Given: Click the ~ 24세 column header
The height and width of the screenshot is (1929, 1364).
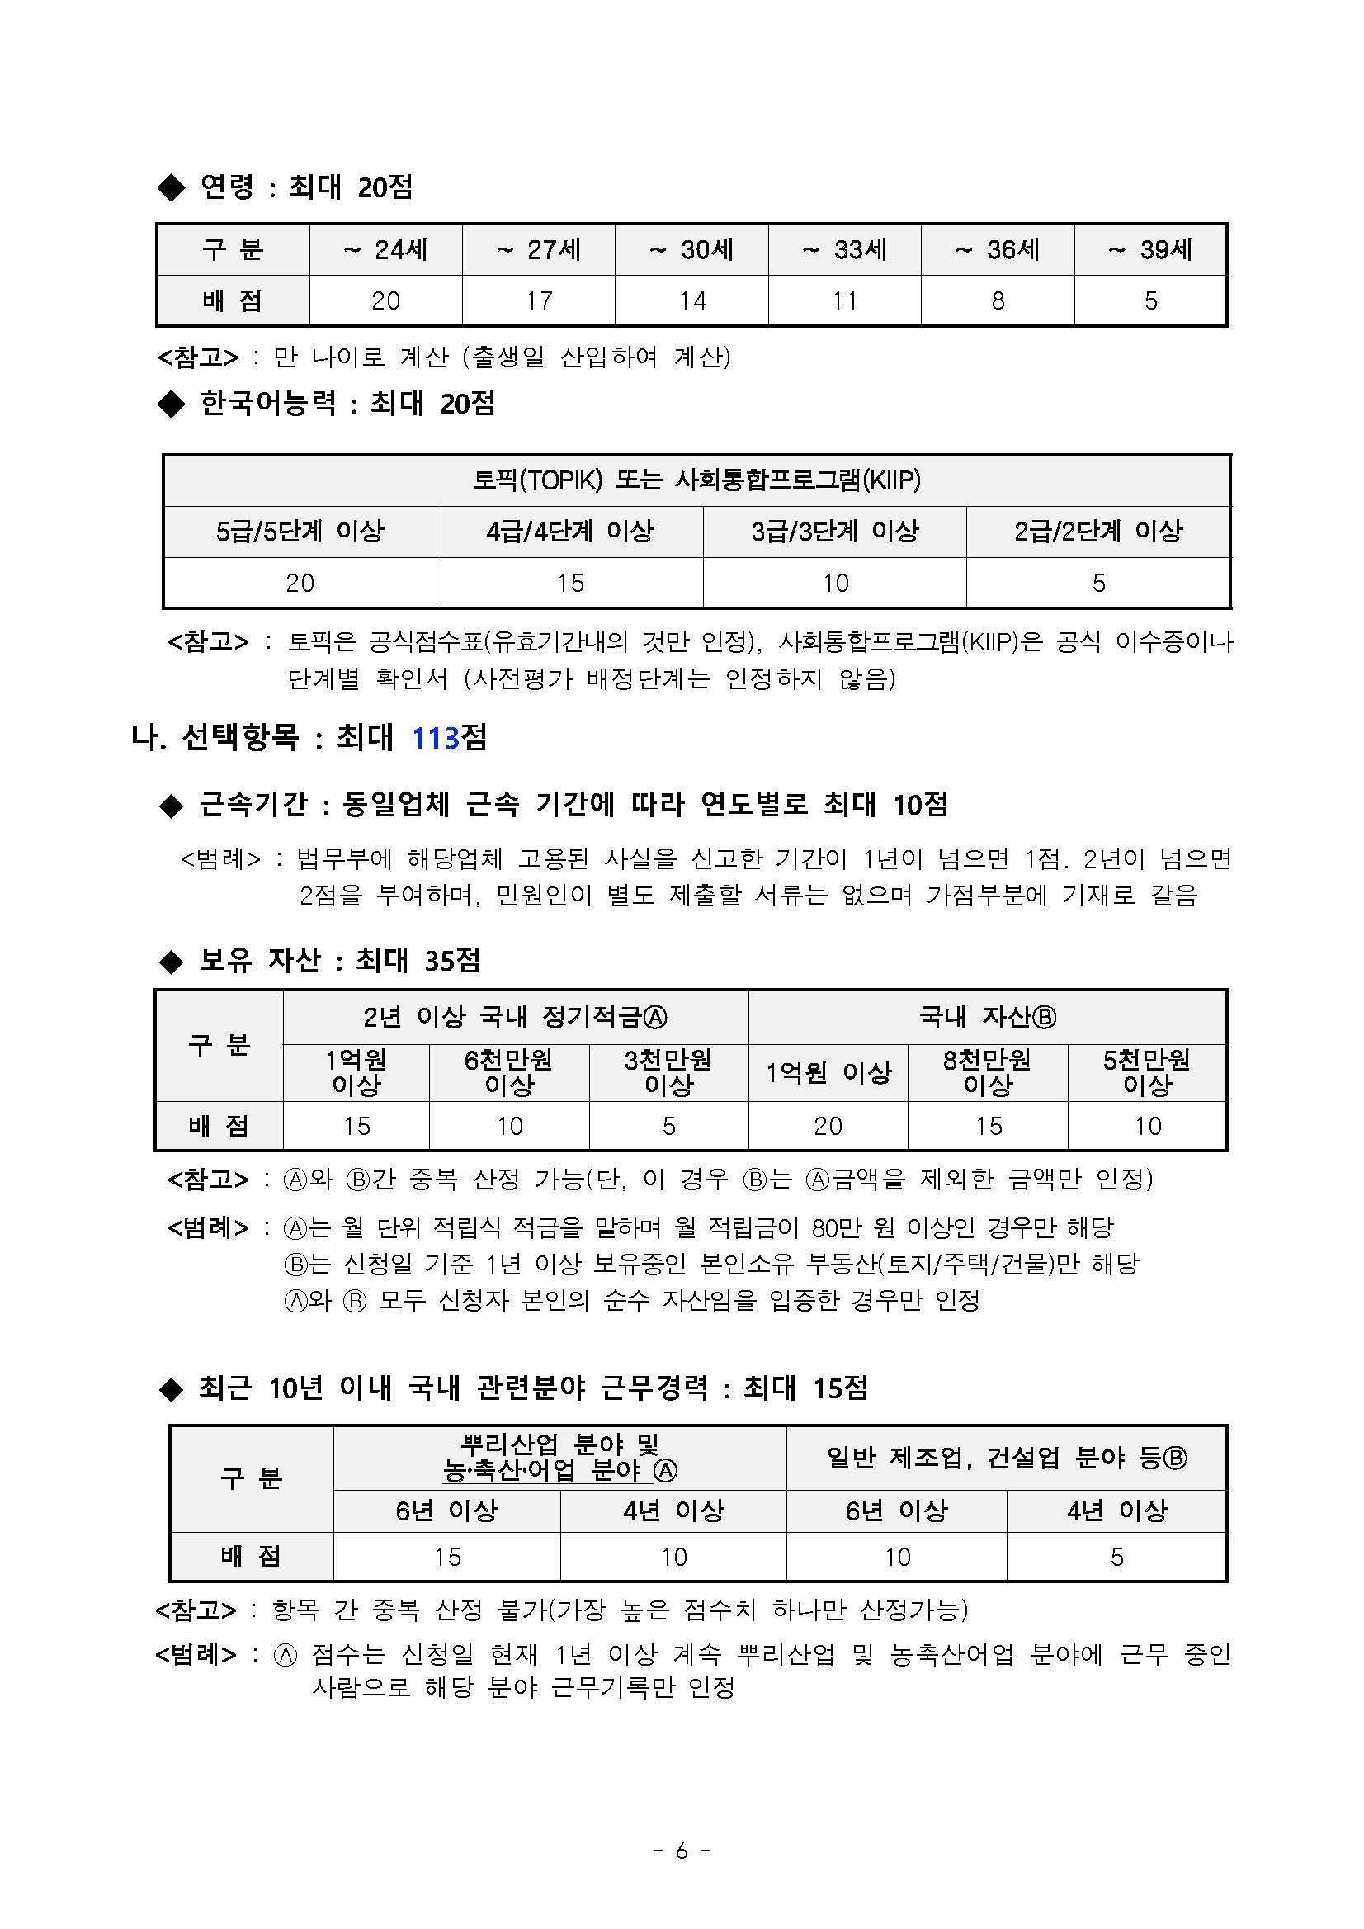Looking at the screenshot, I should (385, 249).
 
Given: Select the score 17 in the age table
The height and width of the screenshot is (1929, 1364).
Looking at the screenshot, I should (538, 300).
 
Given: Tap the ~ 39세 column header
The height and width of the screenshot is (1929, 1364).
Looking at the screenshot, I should (1149, 249).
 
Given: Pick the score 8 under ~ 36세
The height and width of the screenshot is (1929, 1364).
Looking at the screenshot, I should (998, 300).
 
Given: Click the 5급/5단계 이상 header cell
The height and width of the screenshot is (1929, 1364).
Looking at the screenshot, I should (300, 531).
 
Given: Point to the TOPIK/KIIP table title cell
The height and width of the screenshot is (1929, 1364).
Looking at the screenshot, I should (696, 480).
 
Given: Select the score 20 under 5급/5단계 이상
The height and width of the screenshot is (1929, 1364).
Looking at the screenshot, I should (300, 583).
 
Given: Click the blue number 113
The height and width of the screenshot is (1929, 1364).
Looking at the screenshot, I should (435, 739).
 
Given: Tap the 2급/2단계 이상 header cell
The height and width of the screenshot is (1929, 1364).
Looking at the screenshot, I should (1097, 531).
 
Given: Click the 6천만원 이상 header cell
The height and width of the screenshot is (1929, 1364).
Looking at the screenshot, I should (509, 1072).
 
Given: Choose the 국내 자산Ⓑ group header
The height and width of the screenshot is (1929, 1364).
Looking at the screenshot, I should (987, 1018).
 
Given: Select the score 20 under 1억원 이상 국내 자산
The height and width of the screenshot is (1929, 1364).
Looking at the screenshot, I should (828, 1126).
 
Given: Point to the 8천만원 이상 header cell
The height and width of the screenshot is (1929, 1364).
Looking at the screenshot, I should (987, 1072).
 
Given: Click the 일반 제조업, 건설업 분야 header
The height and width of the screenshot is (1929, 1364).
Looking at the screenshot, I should (1006, 1458).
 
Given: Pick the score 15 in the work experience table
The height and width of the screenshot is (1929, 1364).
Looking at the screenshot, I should (447, 1557).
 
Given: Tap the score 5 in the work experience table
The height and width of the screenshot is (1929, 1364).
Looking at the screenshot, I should (1116, 1557).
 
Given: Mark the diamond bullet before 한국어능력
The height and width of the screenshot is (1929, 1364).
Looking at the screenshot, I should (172, 405).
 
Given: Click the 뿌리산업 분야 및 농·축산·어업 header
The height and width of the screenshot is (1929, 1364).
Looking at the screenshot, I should (559, 1458).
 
